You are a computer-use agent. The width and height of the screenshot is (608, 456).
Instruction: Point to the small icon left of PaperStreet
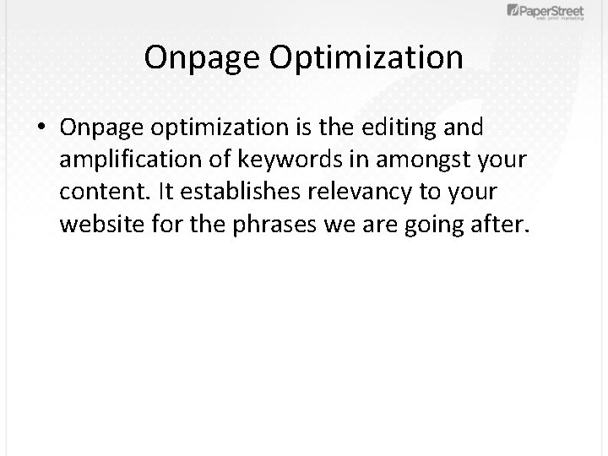513,10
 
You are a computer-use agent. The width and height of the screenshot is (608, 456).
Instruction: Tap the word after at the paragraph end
502,225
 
